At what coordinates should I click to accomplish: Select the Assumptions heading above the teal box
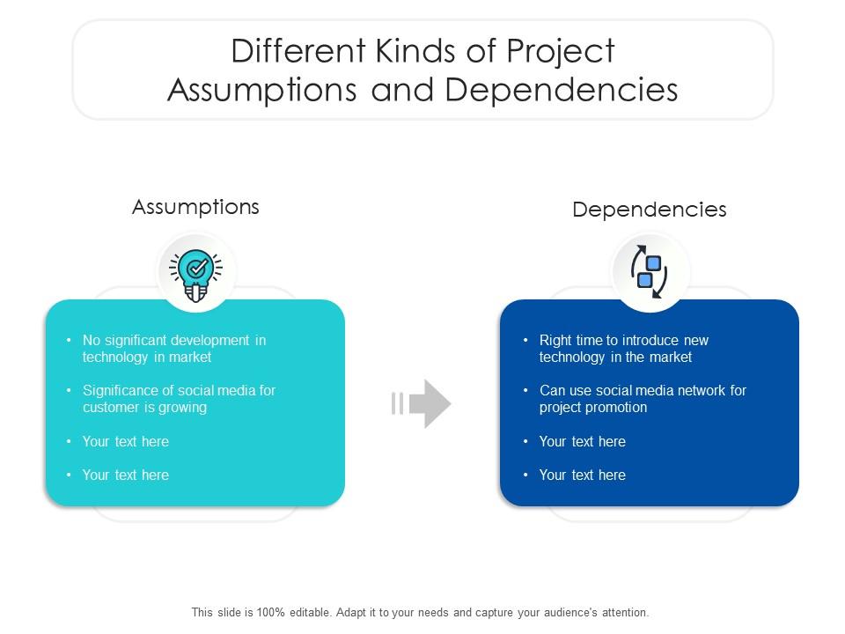[195, 207]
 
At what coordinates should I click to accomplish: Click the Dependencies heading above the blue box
[650, 210]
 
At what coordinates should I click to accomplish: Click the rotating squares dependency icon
[650, 271]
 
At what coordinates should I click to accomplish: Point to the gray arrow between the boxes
[422, 403]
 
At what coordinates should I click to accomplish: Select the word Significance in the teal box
[124, 391]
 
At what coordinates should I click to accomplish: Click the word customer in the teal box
[113, 408]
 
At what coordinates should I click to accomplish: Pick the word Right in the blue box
[555, 341]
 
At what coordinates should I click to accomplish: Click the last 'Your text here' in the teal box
[125, 475]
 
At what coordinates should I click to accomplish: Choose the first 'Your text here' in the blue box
[582, 442]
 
